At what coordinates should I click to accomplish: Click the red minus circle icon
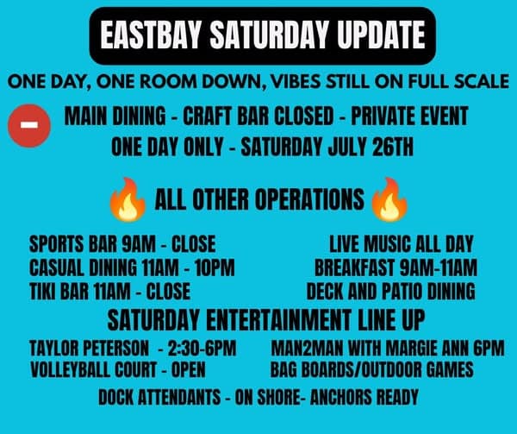coord(29,125)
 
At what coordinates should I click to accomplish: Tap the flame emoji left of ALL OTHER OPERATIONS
coord(128,199)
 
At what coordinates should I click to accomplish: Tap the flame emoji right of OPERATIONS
coord(389,199)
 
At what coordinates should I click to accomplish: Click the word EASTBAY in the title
coord(150,35)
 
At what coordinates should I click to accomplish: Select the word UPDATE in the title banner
coord(381,35)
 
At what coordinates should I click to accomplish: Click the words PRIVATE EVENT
coord(409,116)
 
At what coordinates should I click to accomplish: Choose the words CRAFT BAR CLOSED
coord(258,116)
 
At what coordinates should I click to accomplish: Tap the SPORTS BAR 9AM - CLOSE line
coord(122,244)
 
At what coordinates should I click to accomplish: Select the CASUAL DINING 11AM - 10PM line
coord(132,267)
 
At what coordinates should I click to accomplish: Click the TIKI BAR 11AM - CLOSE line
coord(109,291)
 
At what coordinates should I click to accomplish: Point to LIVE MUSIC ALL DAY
coord(402,244)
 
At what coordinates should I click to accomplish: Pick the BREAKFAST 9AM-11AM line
coord(396,267)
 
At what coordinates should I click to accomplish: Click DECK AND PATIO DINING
coord(390,291)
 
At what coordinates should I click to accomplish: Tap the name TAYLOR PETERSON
coord(89,349)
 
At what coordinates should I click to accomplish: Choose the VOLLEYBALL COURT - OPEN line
coord(118,369)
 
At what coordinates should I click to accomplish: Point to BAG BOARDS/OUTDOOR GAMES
coord(372,369)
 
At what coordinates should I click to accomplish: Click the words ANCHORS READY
coord(364,397)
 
